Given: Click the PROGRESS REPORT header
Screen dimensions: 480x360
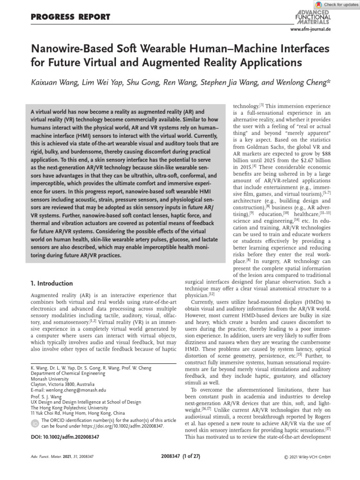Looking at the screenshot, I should [70, 17].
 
